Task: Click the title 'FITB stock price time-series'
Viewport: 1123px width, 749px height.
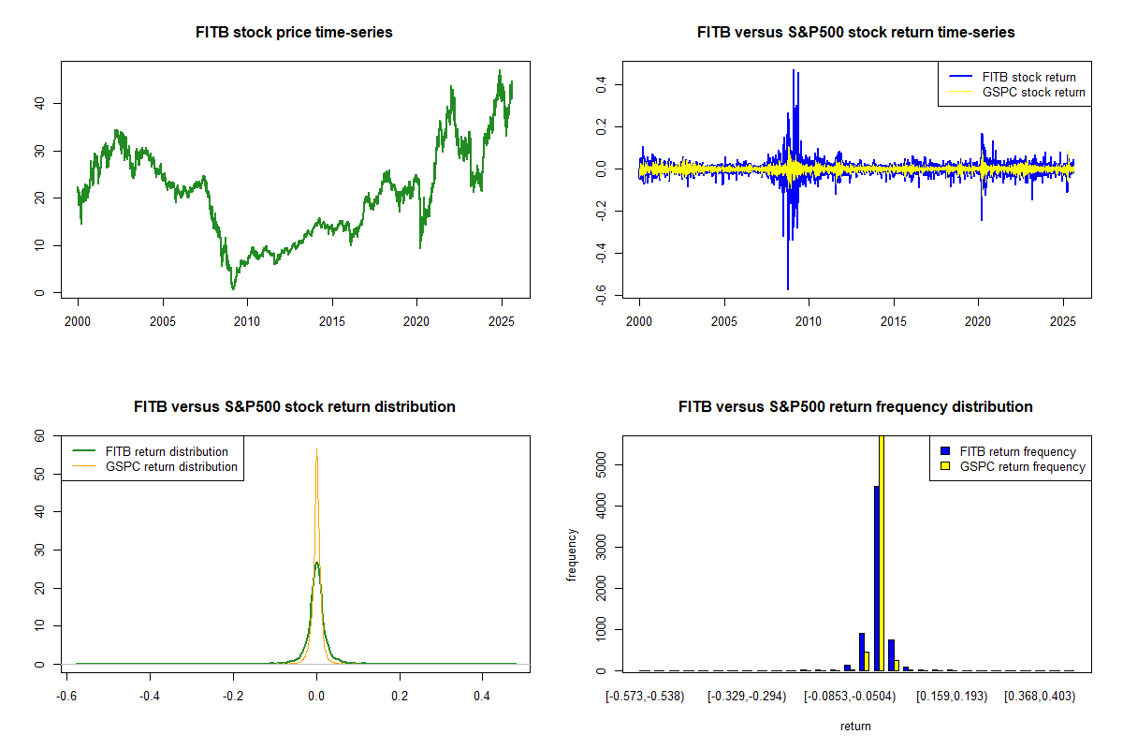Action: tap(294, 33)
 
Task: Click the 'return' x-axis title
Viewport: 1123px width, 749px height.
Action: tap(855, 726)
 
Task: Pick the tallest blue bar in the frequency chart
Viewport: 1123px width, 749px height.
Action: tap(877, 578)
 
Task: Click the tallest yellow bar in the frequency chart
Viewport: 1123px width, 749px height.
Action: tap(882, 552)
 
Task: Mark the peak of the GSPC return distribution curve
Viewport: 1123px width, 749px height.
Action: tap(316, 449)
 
